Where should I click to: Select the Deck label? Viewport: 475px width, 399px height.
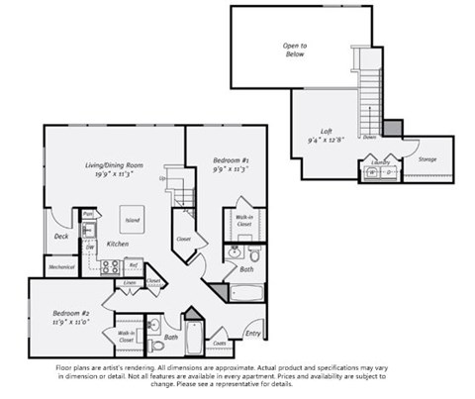[x=60, y=236]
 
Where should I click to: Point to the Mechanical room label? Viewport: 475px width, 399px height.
[x=61, y=266]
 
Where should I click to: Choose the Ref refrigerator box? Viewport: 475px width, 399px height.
[x=133, y=264]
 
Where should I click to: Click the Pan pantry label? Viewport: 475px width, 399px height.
[x=87, y=213]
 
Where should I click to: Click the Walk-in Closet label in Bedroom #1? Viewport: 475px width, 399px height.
[x=242, y=220]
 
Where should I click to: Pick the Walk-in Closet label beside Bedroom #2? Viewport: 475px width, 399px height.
[x=127, y=336]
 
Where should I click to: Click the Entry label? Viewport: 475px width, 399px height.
[x=253, y=333]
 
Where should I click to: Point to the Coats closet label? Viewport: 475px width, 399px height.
[x=220, y=344]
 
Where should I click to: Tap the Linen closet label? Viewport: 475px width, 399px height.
[x=130, y=283]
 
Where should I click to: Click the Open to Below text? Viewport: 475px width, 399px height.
[x=295, y=50]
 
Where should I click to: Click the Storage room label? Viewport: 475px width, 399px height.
[x=427, y=158]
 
